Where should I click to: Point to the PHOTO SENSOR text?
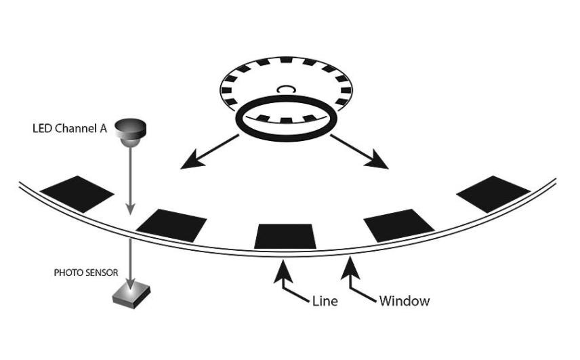pyautogui.click(x=86, y=273)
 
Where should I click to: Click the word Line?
pyautogui.click(x=326, y=300)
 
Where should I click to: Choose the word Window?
pyautogui.click(x=405, y=300)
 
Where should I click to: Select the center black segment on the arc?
pyautogui.click(x=285, y=235)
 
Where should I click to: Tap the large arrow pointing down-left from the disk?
pyautogui.click(x=210, y=151)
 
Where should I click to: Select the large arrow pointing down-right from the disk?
pyautogui.click(x=360, y=151)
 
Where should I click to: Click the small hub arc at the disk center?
pyautogui.click(x=285, y=87)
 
